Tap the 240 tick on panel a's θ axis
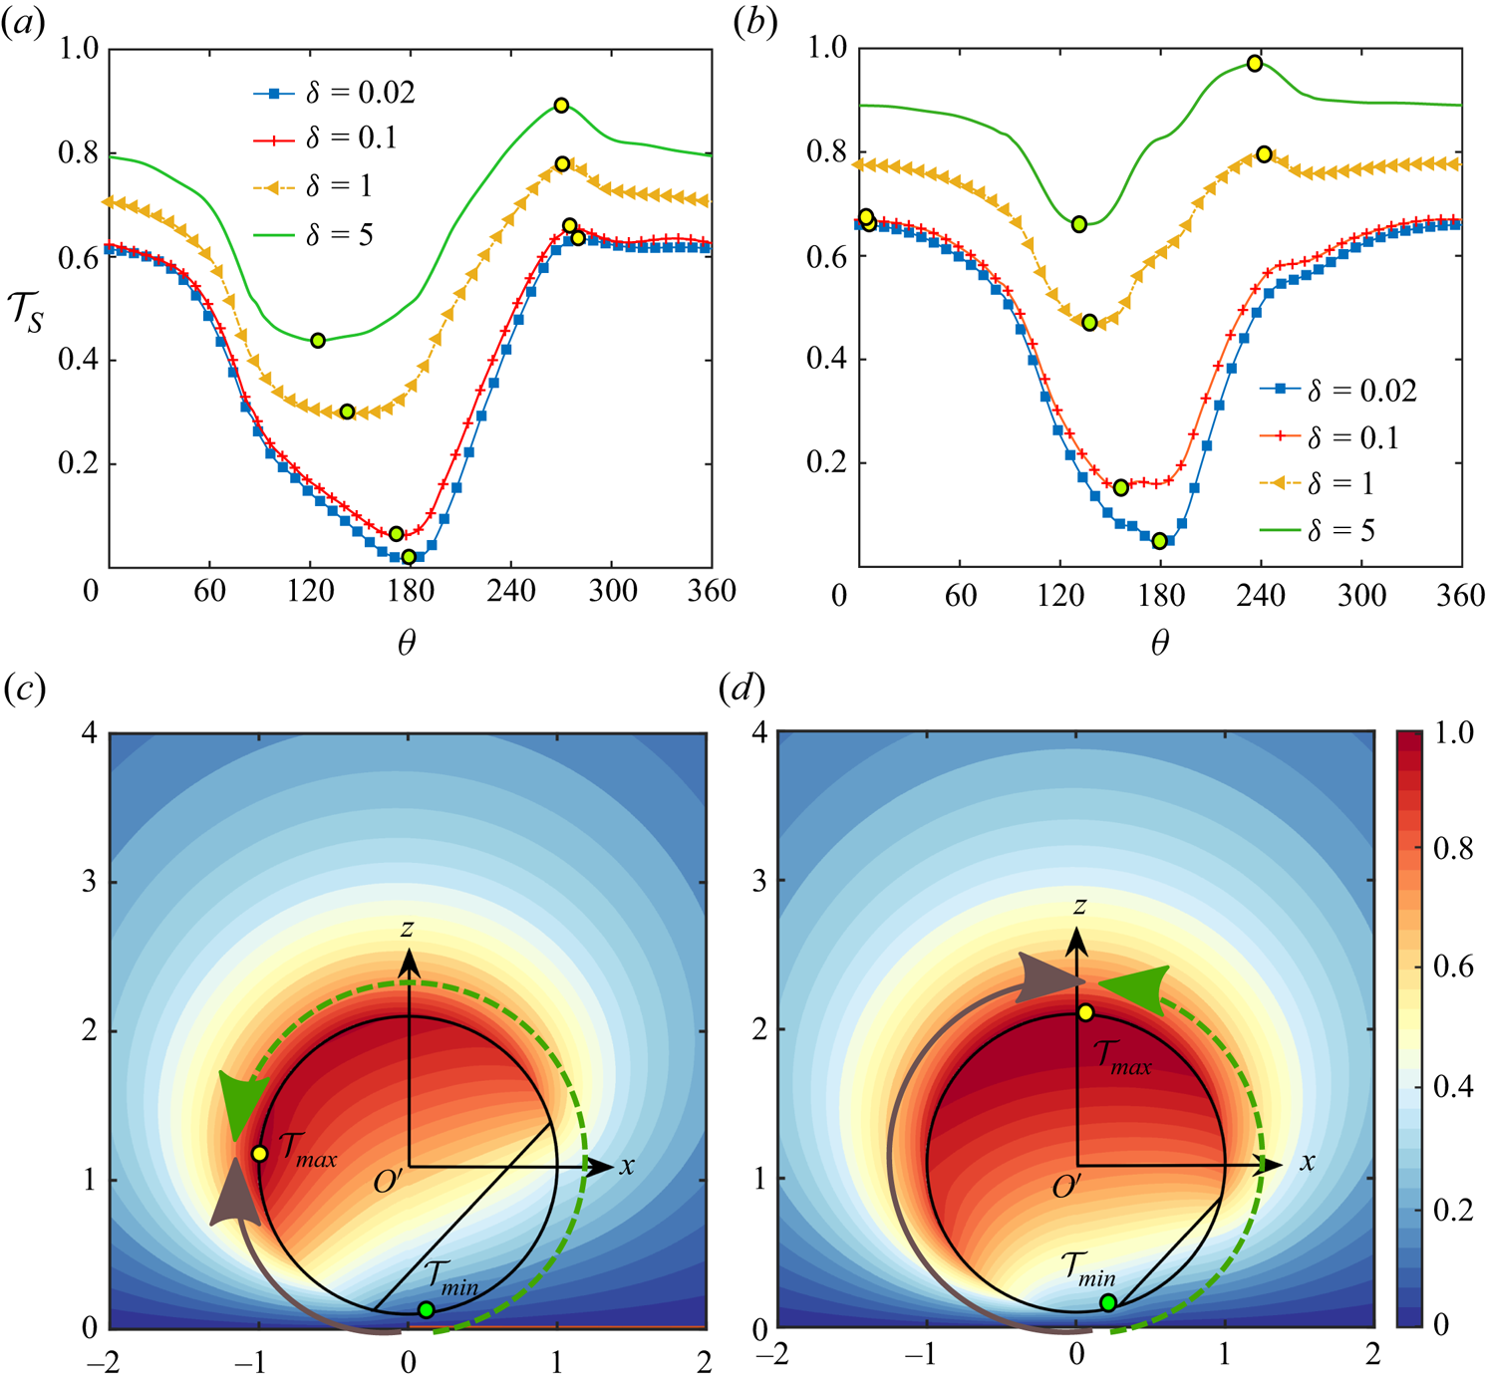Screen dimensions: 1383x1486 (x=510, y=591)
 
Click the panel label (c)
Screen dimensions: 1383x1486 (x=24, y=689)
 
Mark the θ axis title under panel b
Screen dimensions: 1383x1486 (x=1159, y=643)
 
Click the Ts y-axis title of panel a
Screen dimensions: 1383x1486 (x=27, y=310)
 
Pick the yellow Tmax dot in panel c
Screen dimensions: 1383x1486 (x=259, y=1154)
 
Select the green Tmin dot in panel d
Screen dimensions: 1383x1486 (x=1108, y=1302)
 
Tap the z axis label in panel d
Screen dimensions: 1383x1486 (x=1078, y=905)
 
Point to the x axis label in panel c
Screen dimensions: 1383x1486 (x=627, y=1165)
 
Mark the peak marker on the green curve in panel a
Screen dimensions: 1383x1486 (x=561, y=106)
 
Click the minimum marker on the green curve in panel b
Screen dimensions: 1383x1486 (x=1079, y=224)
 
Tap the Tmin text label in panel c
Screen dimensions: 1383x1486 (x=451, y=1276)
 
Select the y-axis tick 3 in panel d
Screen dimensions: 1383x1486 (x=759, y=882)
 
